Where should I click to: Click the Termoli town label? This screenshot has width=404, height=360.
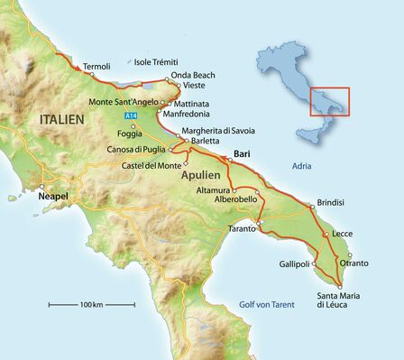96,67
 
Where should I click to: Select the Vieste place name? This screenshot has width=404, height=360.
194,85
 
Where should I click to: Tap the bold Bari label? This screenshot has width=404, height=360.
242,154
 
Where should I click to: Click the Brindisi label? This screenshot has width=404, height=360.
332,203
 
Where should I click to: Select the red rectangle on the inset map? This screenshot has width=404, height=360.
330,100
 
